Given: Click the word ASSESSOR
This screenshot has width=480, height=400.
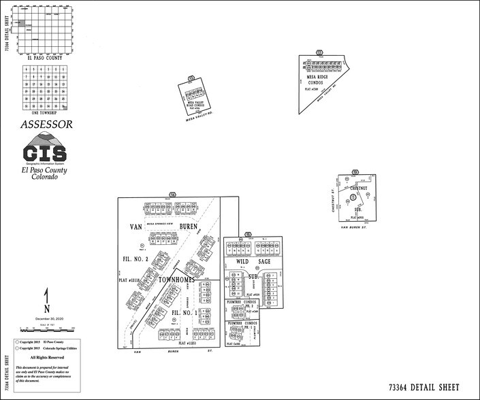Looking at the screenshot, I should coord(46,124).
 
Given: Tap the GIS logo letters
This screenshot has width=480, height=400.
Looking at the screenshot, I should coord(45,152).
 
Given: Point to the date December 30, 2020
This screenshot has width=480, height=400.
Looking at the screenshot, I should coord(46,318).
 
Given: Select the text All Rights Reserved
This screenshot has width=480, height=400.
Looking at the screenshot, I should coord(47,357).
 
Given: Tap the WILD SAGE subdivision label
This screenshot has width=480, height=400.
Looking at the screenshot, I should coord(253,261).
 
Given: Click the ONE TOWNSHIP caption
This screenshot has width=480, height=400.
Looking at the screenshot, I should coord(45,114).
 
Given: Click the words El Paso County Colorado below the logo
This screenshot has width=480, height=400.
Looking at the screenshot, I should coord(45,173).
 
